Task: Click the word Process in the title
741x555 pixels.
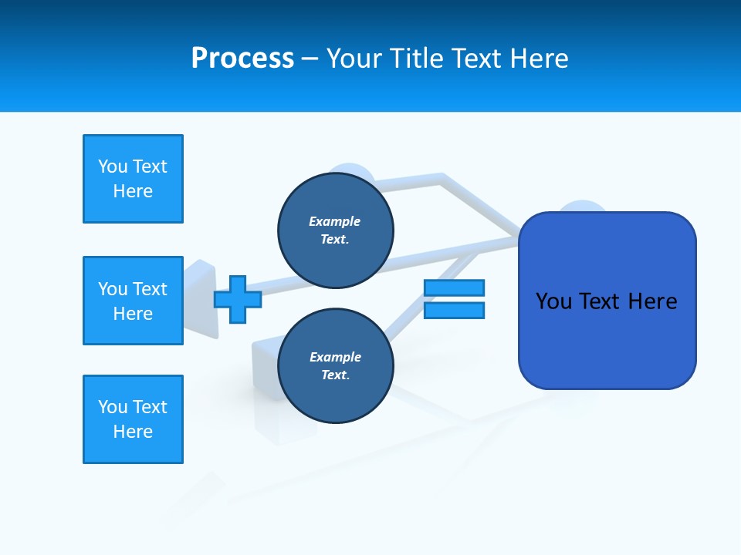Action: [242, 59]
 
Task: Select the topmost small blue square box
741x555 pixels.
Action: [133, 179]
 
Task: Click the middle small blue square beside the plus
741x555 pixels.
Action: [133, 301]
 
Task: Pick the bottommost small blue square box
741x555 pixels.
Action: [133, 419]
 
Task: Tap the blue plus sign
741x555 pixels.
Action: [238, 299]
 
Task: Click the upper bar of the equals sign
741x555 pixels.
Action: [454, 288]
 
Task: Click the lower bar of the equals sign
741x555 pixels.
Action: [454, 310]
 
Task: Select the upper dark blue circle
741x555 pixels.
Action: [335, 230]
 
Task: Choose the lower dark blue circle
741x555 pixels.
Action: [335, 366]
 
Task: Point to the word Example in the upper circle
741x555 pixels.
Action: [335, 221]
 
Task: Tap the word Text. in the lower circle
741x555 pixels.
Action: [335, 375]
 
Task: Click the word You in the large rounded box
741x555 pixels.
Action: [553, 301]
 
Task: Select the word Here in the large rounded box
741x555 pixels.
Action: [652, 301]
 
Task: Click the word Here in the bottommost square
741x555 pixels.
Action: [133, 432]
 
